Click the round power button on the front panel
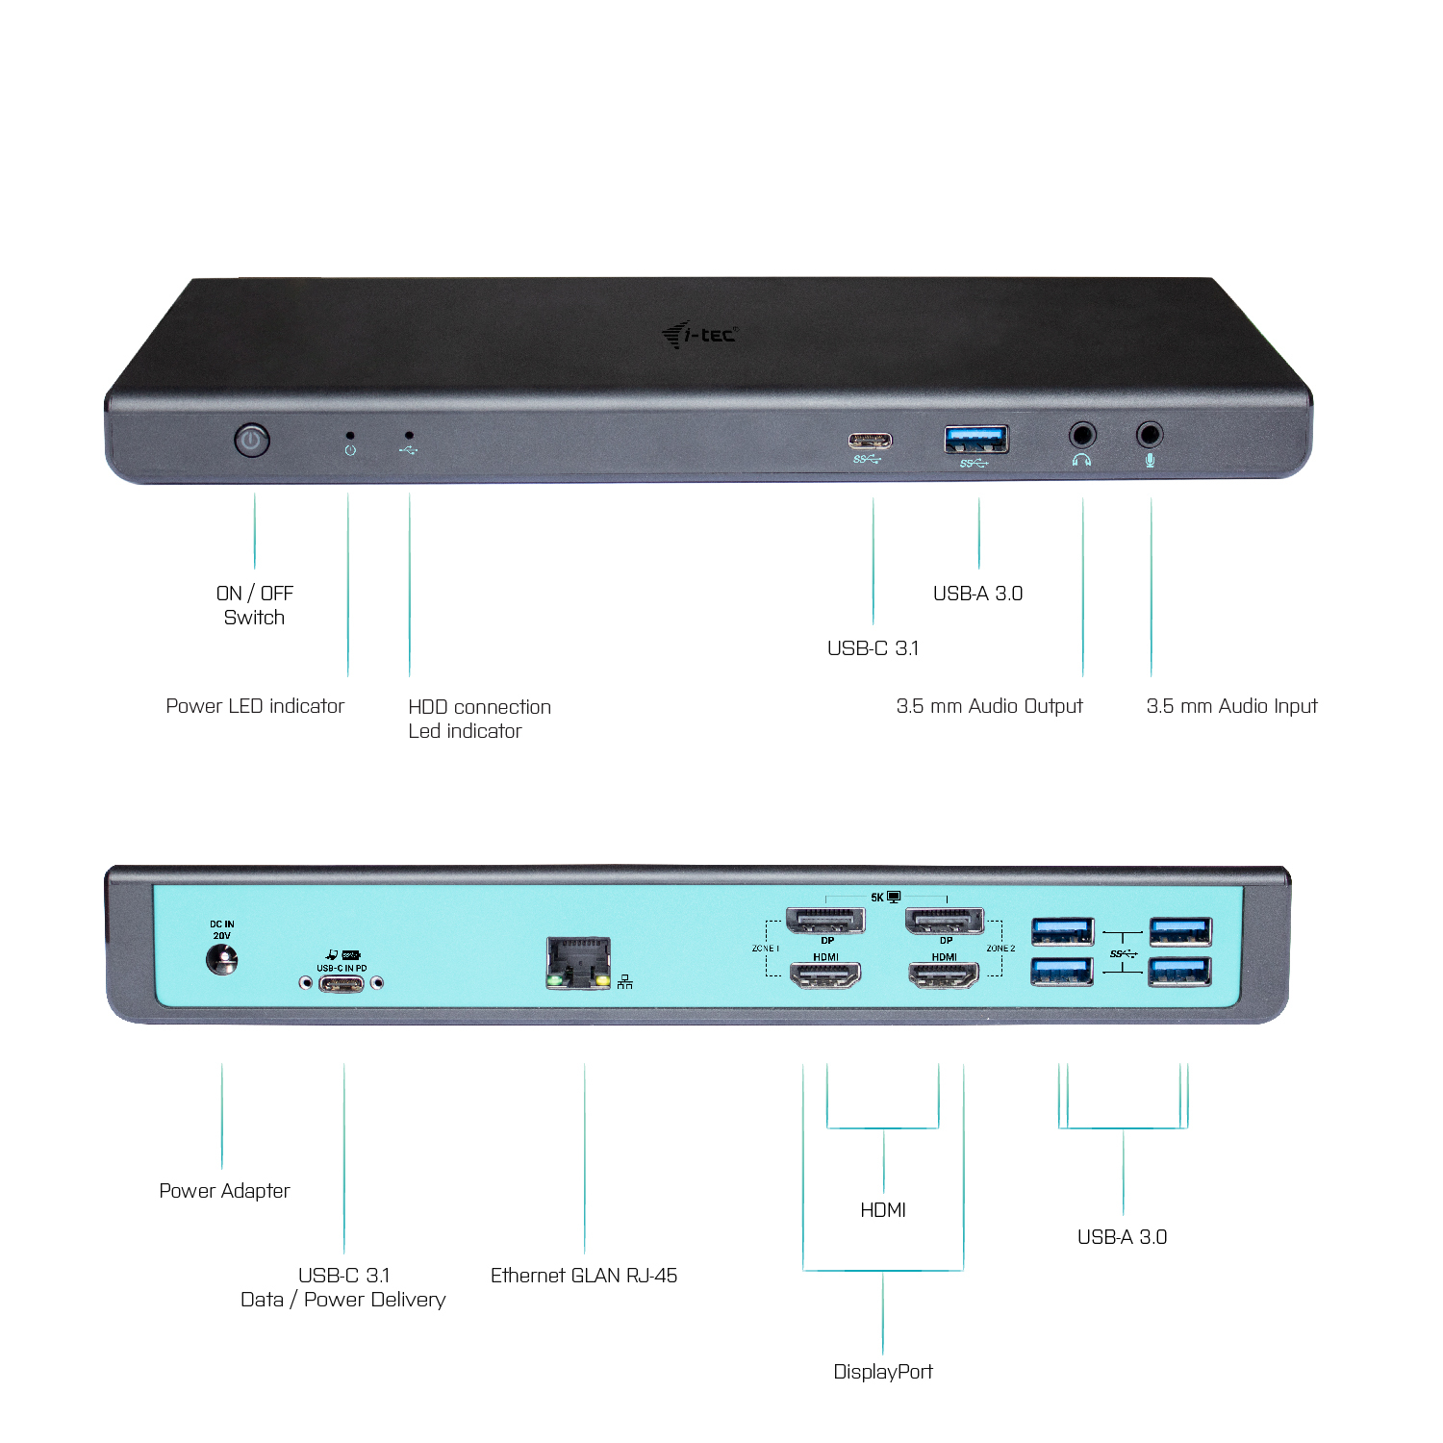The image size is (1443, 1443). pyautogui.click(x=251, y=441)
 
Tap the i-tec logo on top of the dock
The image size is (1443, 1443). pyautogui.click(x=699, y=335)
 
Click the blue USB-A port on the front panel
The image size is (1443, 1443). pyautogui.click(x=976, y=439)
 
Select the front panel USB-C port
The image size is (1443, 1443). pyautogui.click(x=870, y=441)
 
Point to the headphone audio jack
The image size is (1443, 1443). pyautogui.click(x=1082, y=435)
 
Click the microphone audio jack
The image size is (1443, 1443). pyautogui.click(x=1150, y=435)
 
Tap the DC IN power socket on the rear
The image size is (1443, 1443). pyautogui.click(x=222, y=959)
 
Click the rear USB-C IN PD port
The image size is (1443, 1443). pyautogui.click(x=342, y=983)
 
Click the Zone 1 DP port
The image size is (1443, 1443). pyautogui.click(x=825, y=921)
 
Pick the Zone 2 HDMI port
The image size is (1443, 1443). pyautogui.click(x=944, y=975)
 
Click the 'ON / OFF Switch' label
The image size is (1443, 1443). pyautogui.click(x=255, y=605)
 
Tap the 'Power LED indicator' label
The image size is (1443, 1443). pyautogui.click(x=255, y=706)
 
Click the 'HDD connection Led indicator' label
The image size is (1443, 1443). pyautogui.click(x=479, y=719)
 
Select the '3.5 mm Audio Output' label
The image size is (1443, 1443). pyautogui.click(x=989, y=706)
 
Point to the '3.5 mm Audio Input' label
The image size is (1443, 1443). pyautogui.click(x=1231, y=706)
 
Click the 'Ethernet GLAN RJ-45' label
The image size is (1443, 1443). pyautogui.click(x=584, y=1276)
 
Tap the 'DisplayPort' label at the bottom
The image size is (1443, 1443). pyautogui.click(x=883, y=1372)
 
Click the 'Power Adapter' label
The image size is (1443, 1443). pyautogui.click(x=224, y=1191)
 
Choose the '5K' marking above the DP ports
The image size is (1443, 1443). pyautogui.click(x=877, y=898)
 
